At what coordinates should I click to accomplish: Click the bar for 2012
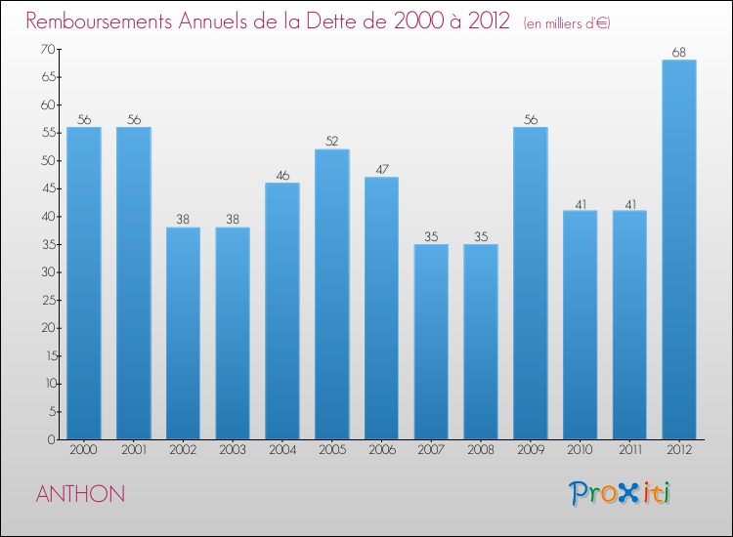pos(678,250)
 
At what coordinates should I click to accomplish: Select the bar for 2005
pos(331,294)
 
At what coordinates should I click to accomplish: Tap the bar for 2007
pos(431,342)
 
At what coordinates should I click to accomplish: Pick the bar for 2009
pos(530,283)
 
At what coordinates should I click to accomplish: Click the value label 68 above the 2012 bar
pos(678,52)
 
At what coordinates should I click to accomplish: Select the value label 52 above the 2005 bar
pos(331,141)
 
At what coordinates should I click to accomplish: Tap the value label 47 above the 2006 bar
pos(381,169)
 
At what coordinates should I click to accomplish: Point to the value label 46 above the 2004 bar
pos(281,175)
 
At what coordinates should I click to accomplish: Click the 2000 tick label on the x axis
pos(84,450)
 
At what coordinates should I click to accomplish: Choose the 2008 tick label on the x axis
pos(481,450)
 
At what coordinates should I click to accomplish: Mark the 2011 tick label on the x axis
pos(629,450)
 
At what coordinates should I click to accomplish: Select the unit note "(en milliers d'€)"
pos(567,22)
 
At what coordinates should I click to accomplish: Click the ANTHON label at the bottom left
pos(80,494)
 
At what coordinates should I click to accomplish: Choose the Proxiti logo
pos(620,493)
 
